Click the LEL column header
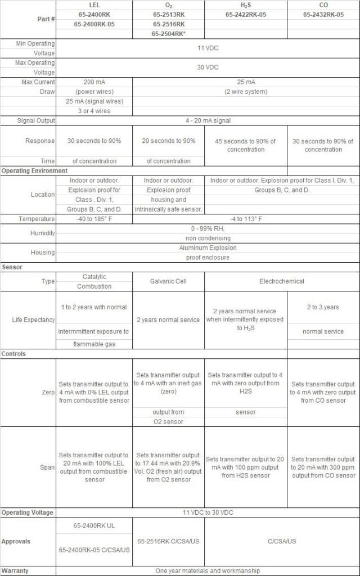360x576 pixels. pyautogui.click(x=94, y=4)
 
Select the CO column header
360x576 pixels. pyautogui.click(x=323, y=4)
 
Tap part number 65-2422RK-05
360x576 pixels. pyautogui.click(x=245, y=15)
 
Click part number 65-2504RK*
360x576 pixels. pyautogui.click(x=168, y=34)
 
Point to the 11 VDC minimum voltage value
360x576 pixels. pyautogui.click(x=208, y=48)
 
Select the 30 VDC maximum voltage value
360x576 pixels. pyautogui.click(x=208, y=67)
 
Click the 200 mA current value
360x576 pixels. pyautogui.click(x=94, y=82)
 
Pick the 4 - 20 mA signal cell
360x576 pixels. pyautogui.click(x=208, y=121)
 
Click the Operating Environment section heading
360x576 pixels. pyautogui.click(x=34, y=170)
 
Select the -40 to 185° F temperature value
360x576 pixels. pyautogui.click(x=94, y=219)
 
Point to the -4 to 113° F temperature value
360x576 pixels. pyautogui.click(x=246, y=219)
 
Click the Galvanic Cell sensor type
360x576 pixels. pyautogui.click(x=169, y=281)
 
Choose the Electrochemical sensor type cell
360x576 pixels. pyautogui.click(x=281, y=281)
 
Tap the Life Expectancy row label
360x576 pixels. pyautogui.click(x=33, y=319)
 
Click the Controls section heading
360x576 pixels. pyautogui.click(x=13, y=354)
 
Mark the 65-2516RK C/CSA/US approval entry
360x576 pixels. pyautogui.click(x=169, y=541)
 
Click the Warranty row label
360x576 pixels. pyautogui.click(x=16, y=570)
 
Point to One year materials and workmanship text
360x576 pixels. pyautogui.click(x=208, y=570)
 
